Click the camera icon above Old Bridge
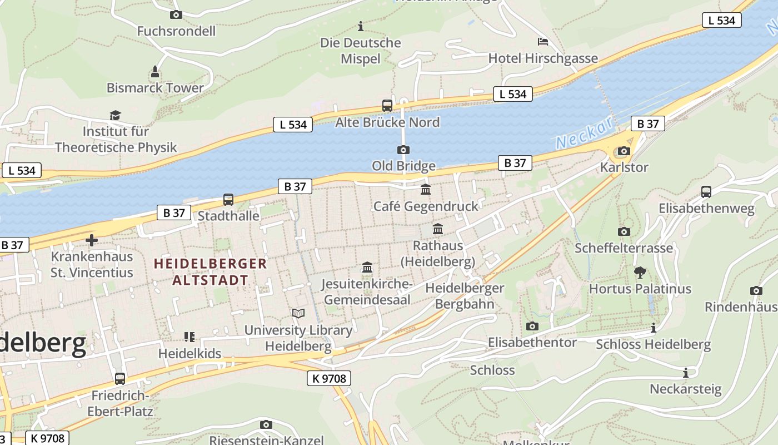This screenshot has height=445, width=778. pyautogui.click(x=403, y=150)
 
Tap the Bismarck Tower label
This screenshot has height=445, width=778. pyautogui.click(x=155, y=88)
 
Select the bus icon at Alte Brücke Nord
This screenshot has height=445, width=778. pyautogui.click(x=387, y=106)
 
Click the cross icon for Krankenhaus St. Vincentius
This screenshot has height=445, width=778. pyautogui.click(x=92, y=240)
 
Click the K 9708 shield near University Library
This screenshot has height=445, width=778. pyautogui.click(x=329, y=379)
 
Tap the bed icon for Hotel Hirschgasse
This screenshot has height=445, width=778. pyautogui.click(x=543, y=42)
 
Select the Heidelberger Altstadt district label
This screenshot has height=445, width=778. pyautogui.click(x=210, y=271)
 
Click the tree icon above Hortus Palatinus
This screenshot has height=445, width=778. pyautogui.click(x=640, y=272)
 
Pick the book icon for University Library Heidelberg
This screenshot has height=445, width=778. pyautogui.click(x=298, y=314)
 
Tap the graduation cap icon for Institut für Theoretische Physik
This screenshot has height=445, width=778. pyautogui.click(x=115, y=115)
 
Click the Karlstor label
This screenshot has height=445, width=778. pyautogui.click(x=624, y=167)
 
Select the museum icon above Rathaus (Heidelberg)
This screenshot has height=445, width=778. pyautogui.click(x=438, y=229)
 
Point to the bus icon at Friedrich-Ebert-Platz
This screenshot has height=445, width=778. pyautogui.click(x=120, y=379)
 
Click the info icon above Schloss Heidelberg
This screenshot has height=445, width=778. pyautogui.click(x=654, y=328)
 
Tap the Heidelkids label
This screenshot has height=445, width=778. pyautogui.click(x=189, y=353)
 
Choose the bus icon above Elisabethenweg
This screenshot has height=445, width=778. pyautogui.click(x=706, y=192)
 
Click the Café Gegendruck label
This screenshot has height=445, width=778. pyautogui.click(x=426, y=206)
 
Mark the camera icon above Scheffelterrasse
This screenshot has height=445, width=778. pyautogui.click(x=624, y=231)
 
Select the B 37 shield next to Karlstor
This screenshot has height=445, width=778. pyautogui.click(x=648, y=123)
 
